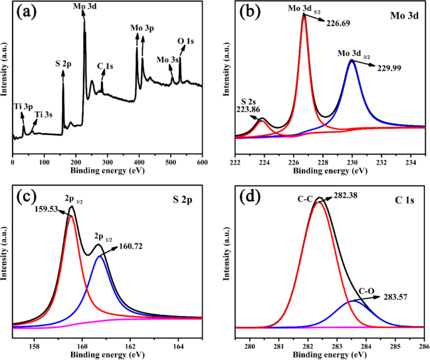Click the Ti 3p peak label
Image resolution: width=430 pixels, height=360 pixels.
21,107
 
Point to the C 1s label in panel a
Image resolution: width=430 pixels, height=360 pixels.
105,65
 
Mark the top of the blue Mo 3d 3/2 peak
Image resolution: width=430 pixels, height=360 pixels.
352,60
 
